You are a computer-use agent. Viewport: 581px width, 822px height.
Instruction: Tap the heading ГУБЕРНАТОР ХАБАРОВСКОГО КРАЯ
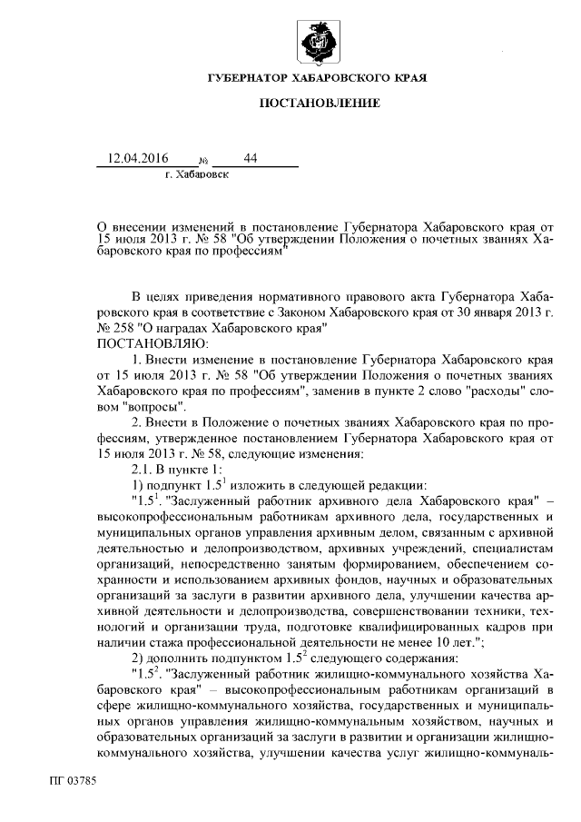coord(317,80)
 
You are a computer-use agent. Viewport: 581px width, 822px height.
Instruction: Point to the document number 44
coord(251,157)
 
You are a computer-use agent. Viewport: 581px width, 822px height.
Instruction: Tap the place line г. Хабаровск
coord(197,173)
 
